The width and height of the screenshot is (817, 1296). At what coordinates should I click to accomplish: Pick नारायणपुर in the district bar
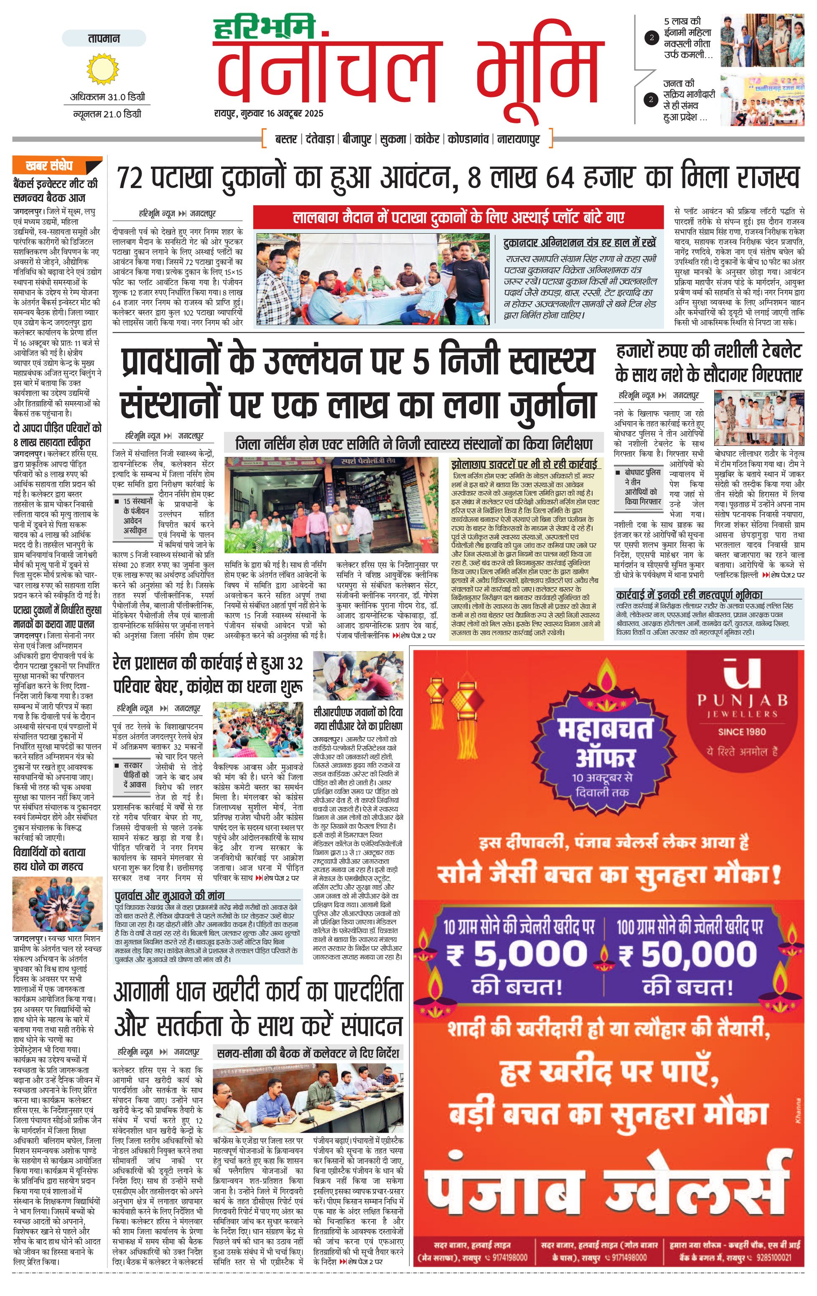pyautogui.click(x=518, y=140)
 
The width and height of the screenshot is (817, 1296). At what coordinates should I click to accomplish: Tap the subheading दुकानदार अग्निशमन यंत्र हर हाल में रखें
pyautogui.click(x=580, y=243)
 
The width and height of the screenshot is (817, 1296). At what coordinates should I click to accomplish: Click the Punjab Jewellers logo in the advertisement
pyautogui.click(x=742, y=694)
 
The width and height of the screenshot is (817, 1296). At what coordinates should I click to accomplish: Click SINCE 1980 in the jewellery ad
pyautogui.click(x=742, y=731)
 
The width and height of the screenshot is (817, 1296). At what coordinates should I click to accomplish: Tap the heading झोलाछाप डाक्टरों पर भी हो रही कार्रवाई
pyautogui.click(x=524, y=464)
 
